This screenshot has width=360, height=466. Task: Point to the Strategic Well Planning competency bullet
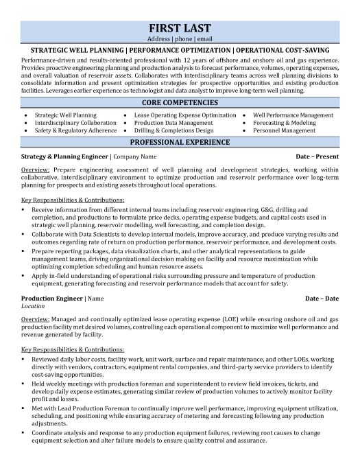coord(65,115)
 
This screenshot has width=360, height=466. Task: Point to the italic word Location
coord(33,307)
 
